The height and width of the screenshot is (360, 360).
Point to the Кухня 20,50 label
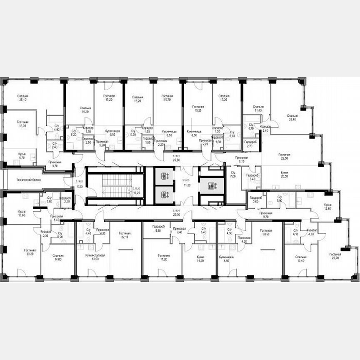point(285,175)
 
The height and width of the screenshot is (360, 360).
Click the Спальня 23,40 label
point(292,117)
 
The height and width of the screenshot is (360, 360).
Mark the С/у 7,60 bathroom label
point(233,175)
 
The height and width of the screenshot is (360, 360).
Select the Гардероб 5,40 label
point(251,177)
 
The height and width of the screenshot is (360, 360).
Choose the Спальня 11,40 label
point(258,109)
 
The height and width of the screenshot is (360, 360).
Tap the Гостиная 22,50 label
point(285,157)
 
